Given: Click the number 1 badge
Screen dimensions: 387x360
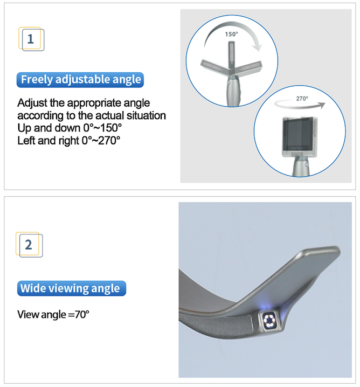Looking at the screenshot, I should pyautogui.click(x=31, y=39).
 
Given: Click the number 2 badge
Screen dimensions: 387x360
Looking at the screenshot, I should pyautogui.click(x=29, y=245).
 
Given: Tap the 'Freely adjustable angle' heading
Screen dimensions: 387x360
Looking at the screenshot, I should pyautogui.click(x=80, y=80).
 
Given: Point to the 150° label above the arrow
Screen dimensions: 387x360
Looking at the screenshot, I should pyautogui.click(x=231, y=33).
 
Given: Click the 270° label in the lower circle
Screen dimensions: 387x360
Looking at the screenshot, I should pyautogui.click(x=302, y=99).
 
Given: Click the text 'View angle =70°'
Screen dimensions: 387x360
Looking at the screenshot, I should pyautogui.click(x=53, y=314).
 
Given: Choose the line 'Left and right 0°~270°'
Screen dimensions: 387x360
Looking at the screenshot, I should pyautogui.click(x=68, y=140).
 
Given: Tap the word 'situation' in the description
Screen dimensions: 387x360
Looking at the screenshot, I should pyautogui.click(x=146, y=115).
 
